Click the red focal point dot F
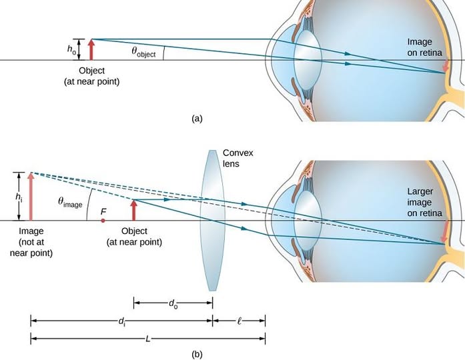[103, 219]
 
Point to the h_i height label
[19, 196]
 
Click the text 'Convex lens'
[238, 158]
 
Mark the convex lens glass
[211, 220]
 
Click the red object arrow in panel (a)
[91, 50]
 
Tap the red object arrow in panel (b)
[134, 210]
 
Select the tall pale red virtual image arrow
[31, 196]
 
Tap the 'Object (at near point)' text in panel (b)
[134, 237]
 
